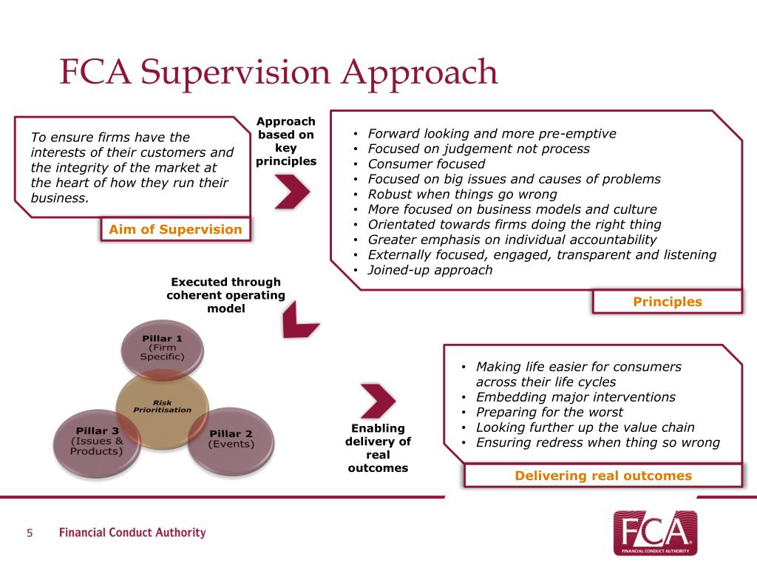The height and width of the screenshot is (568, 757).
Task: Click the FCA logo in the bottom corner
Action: point(655,532)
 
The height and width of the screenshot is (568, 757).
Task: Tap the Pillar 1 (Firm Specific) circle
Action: point(162,348)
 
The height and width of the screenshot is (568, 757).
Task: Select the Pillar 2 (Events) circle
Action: point(231,442)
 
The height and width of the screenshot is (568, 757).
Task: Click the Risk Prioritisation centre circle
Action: point(162,410)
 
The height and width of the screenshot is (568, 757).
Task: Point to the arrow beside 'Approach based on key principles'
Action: point(293,192)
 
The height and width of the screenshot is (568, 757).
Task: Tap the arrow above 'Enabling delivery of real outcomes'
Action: point(378,402)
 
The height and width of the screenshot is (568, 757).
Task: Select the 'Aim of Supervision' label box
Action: point(176,229)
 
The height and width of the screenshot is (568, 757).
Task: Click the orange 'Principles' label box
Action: point(668,302)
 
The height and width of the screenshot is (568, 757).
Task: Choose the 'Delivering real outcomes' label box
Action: point(603,476)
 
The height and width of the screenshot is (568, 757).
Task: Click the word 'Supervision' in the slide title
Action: point(236,72)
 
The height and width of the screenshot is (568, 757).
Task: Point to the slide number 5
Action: point(30,532)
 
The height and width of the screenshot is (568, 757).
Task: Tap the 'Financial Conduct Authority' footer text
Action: point(132,532)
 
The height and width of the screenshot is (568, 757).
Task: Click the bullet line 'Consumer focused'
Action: point(427,163)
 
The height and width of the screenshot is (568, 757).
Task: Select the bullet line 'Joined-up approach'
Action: point(430,270)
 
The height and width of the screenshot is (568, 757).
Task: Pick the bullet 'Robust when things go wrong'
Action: point(463,195)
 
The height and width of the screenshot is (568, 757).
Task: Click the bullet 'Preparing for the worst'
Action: point(549,412)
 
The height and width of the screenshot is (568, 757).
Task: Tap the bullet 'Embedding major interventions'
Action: point(575,397)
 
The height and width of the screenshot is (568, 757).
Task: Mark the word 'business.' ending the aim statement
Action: point(60,198)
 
